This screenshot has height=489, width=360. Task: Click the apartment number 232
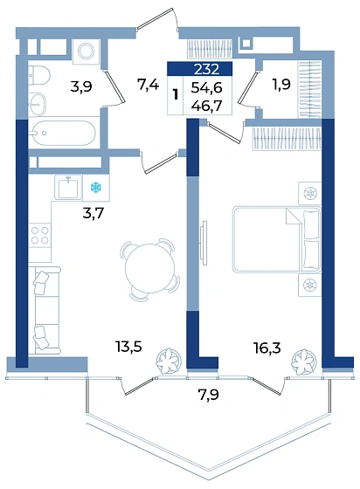(x=206, y=69)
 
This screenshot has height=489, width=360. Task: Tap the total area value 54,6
(x=206, y=88)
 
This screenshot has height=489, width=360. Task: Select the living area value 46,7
(x=206, y=106)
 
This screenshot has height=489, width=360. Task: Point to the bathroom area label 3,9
(x=81, y=86)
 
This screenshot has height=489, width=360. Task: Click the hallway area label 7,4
(x=149, y=85)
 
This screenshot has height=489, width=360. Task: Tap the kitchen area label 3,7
(x=93, y=214)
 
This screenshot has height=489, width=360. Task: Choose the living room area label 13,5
(x=128, y=346)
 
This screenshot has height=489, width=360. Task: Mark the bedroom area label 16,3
(x=267, y=348)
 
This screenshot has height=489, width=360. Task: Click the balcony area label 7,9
(x=208, y=395)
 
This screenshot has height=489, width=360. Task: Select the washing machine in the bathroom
(x=86, y=52)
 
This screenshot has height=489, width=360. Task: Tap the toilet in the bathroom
(x=38, y=75)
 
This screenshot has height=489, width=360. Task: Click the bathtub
(x=63, y=133)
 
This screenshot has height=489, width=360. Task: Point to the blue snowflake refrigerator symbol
(x=96, y=188)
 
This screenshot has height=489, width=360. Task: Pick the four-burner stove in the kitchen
(x=39, y=235)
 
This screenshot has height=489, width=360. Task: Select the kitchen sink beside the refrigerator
(x=68, y=187)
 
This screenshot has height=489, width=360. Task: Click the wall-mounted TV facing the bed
(x=204, y=243)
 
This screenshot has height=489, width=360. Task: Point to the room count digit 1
(x=176, y=94)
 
